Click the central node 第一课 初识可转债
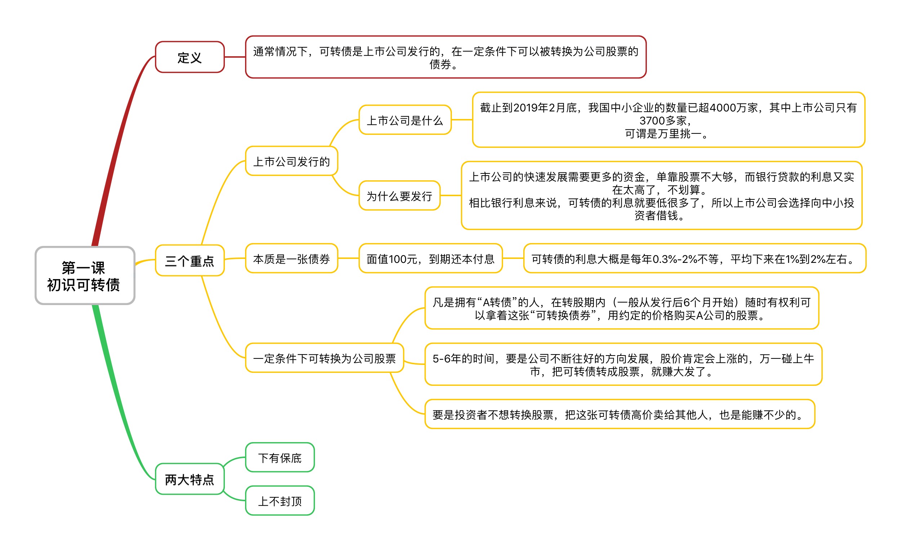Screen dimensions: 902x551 coord(85,275)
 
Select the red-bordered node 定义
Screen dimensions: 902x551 coord(190,57)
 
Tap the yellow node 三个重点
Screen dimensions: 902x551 coord(190,260)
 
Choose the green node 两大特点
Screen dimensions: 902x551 coord(190,479)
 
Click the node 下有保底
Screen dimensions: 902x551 coord(280,458)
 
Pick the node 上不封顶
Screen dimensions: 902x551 coord(280,501)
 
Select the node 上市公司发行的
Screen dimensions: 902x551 coord(292,161)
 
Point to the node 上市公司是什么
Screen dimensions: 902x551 coord(405,120)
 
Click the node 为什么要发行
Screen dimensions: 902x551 coord(399,196)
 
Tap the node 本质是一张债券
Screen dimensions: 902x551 coord(292,259)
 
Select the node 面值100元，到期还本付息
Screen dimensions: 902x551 coord(431,259)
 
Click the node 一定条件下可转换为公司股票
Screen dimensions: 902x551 coord(325,358)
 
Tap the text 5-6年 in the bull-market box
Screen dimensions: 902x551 coord(446,359)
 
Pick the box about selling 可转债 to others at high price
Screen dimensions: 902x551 coord(620,414)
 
